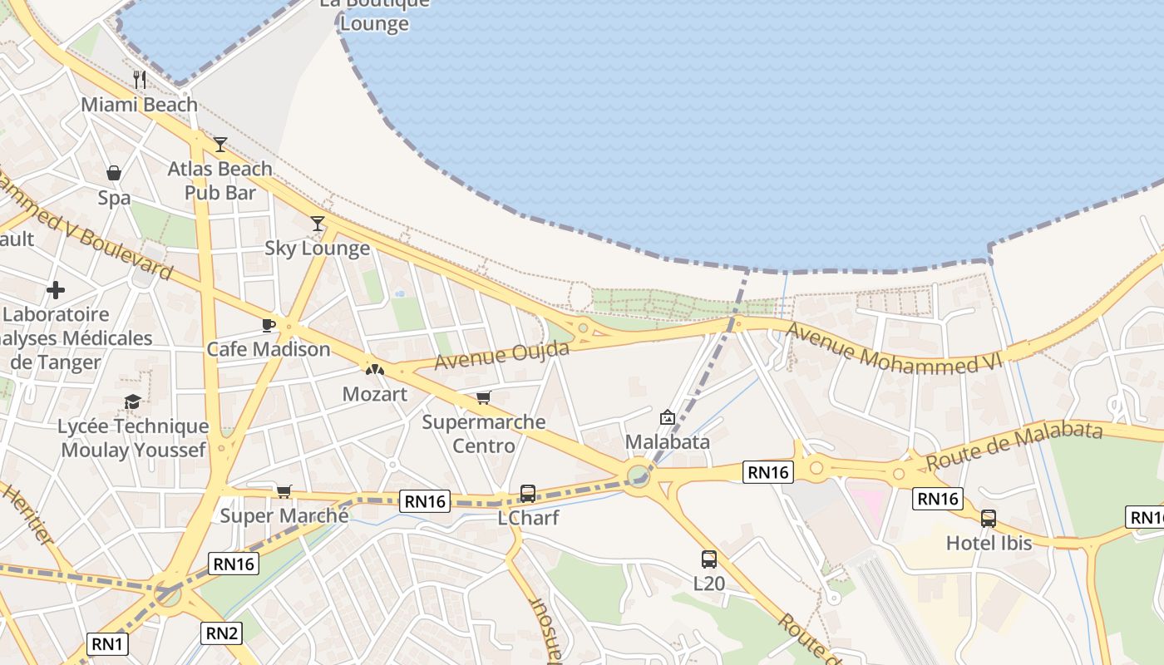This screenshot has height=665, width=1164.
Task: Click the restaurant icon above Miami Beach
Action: pos(140,80)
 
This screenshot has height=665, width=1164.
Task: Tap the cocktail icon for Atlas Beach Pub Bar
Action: pos(219,145)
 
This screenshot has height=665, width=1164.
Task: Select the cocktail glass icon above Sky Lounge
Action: pos(317,223)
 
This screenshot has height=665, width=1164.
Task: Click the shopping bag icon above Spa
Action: pos(114,173)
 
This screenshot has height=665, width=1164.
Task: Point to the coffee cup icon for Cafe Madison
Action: pos(268,324)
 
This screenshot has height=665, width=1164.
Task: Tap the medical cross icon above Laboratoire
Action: pos(56,290)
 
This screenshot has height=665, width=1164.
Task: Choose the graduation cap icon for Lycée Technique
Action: pos(132,402)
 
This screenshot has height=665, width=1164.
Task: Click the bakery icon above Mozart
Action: pos(375,368)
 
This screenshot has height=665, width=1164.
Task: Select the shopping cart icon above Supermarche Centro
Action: pos(483,397)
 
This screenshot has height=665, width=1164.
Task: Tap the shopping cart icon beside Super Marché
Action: pos(284,491)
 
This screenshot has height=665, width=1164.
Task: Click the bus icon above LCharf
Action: pos(527,494)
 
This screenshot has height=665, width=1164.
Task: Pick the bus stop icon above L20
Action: pos(708,559)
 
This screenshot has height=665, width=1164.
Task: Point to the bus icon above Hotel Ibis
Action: pos(988,519)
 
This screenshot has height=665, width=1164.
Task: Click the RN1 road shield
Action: pos(107,643)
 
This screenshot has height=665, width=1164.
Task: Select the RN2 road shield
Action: pos(221,633)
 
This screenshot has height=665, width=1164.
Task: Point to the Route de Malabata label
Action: pos(1014,444)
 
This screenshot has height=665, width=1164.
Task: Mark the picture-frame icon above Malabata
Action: pos(667,417)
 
